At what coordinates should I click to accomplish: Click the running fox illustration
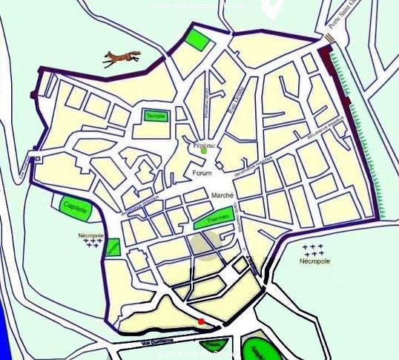pos(122,57)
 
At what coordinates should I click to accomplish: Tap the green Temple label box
pos(156,116)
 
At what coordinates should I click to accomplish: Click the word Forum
pos(202,173)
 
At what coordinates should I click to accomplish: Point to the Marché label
pos(222,195)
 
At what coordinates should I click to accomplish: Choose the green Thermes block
pos(214,217)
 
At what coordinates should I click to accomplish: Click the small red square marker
pos(201,321)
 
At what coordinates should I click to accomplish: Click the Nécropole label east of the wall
pos(314,262)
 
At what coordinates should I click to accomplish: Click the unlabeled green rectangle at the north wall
pos(197,39)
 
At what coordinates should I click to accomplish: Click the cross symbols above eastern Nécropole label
pos(314,249)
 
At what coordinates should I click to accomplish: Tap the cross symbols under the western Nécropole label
pos(93,242)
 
